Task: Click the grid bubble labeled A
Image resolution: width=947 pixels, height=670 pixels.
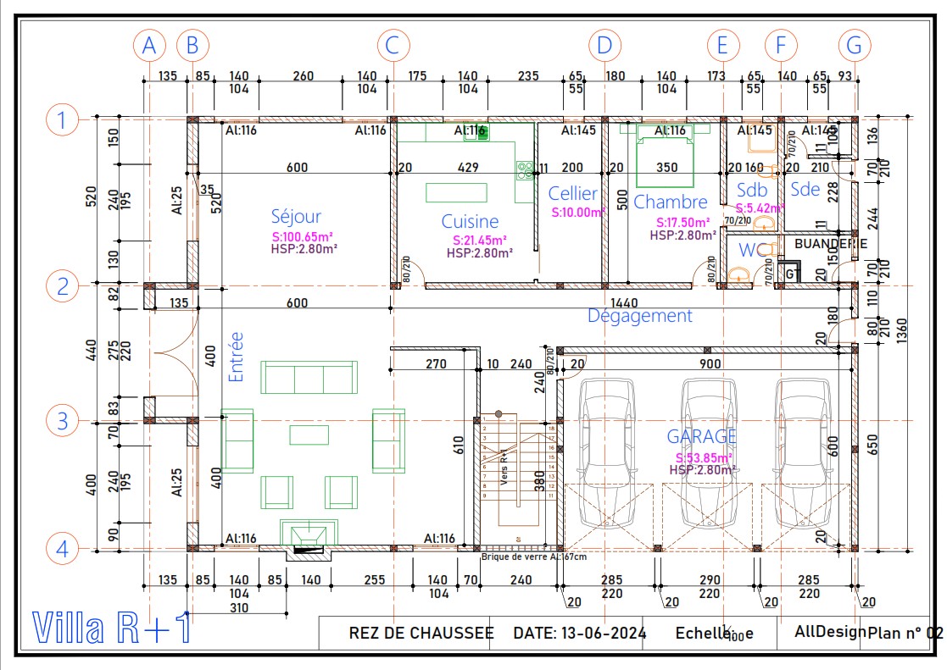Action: click(x=150, y=45)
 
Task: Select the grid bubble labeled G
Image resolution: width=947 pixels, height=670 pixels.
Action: click(x=854, y=45)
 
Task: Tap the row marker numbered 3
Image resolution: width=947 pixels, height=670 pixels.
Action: click(x=62, y=420)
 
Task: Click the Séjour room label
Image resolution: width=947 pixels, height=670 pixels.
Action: click(x=296, y=217)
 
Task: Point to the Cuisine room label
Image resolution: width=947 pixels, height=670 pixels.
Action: click(x=470, y=222)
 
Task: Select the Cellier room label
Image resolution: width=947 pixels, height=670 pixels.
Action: click(x=572, y=194)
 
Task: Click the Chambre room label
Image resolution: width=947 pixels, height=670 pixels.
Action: click(x=670, y=202)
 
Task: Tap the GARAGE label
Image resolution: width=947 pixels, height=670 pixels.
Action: click(x=701, y=436)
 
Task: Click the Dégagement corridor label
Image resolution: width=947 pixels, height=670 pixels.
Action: click(x=640, y=316)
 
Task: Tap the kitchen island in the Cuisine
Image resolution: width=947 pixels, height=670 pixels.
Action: click(x=456, y=192)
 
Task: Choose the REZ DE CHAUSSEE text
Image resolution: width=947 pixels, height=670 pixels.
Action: click(x=421, y=633)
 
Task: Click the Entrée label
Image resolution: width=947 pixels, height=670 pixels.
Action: click(x=236, y=357)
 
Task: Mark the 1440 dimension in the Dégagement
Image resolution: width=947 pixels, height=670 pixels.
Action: click(x=625, y=302)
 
